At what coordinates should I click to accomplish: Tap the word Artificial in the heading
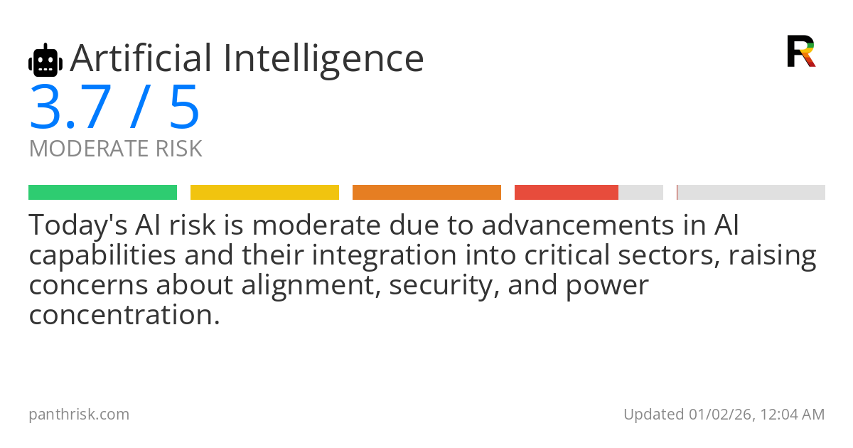coord(141,58)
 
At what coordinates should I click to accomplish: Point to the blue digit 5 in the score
coord(184,108)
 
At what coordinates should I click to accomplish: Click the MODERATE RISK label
coord(115,149)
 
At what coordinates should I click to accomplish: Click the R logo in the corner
coord(800,51)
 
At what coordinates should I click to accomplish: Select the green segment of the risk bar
coord(102,192)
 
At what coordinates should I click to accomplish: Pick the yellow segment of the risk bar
coord(264,192)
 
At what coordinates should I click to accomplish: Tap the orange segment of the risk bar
coord(426,192)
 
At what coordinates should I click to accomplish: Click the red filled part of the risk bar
coord(566,192)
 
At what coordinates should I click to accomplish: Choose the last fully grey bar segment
coord(751,192)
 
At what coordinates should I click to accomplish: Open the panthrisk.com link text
coord(79,414)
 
